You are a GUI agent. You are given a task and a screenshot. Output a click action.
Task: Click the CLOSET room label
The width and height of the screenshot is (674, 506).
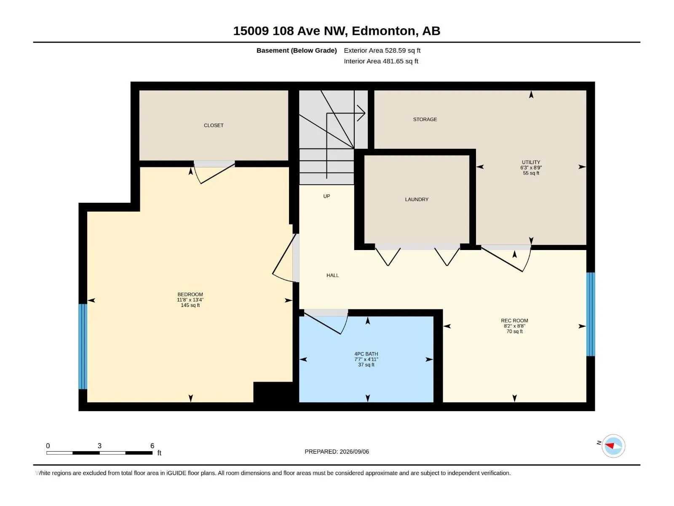coord(214,125)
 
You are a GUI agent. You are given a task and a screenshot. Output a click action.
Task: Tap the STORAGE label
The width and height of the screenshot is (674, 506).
coord(425,119)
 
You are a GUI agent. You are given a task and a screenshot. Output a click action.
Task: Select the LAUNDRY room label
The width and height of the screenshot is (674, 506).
coord(416,199)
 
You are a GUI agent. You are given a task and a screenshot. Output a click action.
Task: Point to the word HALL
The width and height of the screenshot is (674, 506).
coord(332,275)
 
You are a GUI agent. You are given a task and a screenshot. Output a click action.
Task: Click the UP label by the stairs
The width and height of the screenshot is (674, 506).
coord(326,196)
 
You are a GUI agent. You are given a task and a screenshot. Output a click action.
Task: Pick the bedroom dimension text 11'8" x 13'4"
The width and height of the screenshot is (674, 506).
coord(190,300)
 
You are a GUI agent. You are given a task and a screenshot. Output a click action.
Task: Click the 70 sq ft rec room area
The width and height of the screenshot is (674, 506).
coord(514,331)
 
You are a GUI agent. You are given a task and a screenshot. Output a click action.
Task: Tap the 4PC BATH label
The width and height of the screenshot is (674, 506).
coord(366,354)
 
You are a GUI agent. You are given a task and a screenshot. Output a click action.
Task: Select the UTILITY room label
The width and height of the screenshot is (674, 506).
coord(531,162)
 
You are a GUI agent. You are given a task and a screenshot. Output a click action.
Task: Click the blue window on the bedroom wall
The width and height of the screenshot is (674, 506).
coord(83,347)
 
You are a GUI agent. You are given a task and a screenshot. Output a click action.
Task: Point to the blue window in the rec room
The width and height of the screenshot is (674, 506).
coord(591,314)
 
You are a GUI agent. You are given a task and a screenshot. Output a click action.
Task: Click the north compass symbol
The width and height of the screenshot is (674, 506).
coord(613,446)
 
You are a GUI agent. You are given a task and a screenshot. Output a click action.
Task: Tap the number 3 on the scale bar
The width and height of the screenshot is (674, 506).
coord(99,446)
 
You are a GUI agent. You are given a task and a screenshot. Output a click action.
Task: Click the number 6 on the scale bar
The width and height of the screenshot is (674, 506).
coord(152,446)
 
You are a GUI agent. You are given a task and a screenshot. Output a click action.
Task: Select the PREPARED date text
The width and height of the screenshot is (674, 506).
coord(337,452)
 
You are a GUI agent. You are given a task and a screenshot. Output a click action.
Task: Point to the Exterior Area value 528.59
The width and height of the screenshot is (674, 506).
coord(395,50)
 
